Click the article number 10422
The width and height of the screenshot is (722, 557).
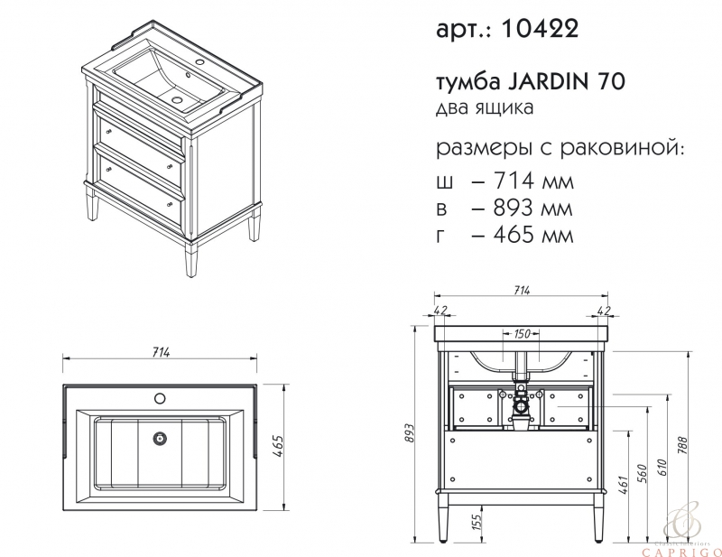539,29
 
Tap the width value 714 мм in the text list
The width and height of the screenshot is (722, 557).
533,181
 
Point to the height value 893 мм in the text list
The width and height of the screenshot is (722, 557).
532,208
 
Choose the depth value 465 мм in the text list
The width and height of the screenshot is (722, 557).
533,235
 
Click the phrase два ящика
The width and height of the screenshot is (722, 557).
485,107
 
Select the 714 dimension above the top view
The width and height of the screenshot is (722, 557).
161,352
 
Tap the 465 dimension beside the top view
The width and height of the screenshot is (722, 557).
278,445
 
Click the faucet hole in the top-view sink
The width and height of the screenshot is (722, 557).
160,397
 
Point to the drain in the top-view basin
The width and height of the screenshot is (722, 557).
160,438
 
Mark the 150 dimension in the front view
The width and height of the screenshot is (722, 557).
522,333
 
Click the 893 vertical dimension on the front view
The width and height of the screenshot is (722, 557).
410,433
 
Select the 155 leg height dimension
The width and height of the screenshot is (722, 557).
477,522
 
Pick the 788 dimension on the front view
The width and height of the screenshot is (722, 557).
682,445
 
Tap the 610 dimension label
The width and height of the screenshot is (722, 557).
662,469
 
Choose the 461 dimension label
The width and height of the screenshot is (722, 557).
623,485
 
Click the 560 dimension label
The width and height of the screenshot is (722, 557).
643,474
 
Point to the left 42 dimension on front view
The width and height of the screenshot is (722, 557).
440,310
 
